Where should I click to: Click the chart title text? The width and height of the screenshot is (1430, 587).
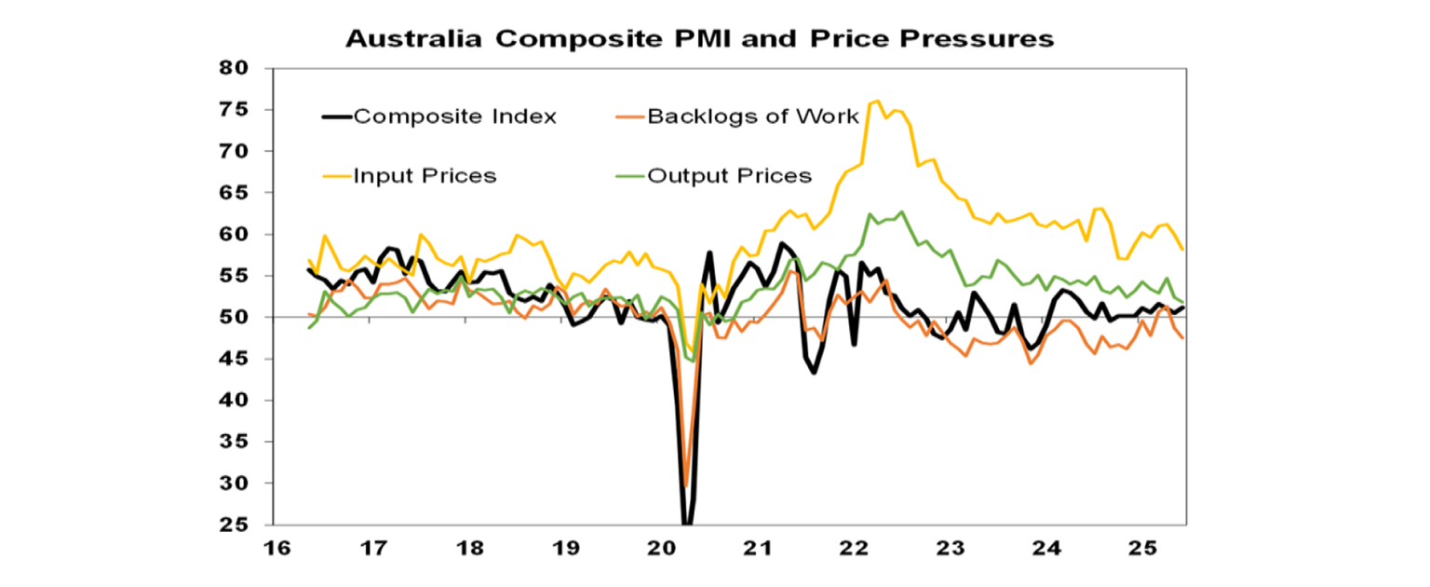click(699, 38)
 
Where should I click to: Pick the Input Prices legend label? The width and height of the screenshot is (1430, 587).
click(425, 175)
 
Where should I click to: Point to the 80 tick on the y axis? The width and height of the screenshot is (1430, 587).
click(236, 68)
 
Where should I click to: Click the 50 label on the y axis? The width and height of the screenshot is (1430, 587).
click(236, 318)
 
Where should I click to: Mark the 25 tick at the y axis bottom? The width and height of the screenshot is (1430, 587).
click(236, 526)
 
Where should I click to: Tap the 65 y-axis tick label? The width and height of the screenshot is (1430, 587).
click(236, 193)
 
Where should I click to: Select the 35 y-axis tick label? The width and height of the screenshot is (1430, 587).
click(236, 443)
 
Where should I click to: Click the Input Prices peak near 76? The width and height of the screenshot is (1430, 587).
click(878, 101)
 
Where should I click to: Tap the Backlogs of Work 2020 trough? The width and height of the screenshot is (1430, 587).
click(687, 485)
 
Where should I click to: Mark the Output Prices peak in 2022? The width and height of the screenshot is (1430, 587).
click(900, 212)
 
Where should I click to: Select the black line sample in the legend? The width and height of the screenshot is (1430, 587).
click(336, 116)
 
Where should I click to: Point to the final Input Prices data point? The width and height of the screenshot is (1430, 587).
click(1183, 249)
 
